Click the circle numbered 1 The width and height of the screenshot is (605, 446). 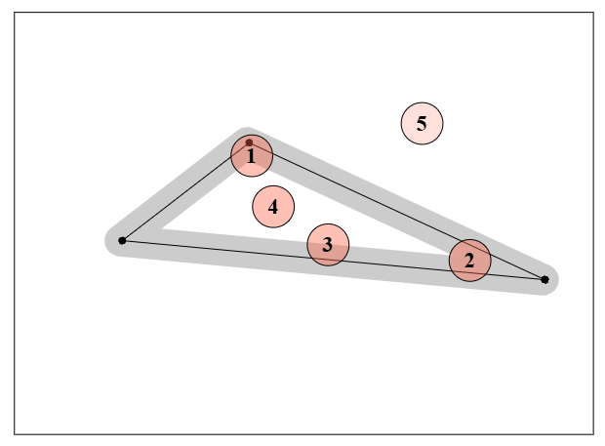[252, 155]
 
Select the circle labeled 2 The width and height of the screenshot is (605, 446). [470, 261]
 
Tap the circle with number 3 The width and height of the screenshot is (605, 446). [328, 245]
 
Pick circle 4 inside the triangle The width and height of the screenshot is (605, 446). [273, 207]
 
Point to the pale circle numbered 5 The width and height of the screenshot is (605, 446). [422, 124]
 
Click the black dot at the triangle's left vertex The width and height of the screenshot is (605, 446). [122, 241]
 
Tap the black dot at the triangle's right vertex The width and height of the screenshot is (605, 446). [544, 280]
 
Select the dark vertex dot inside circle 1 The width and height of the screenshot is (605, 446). [249, 142]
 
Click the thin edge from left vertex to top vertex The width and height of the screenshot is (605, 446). [185, 191]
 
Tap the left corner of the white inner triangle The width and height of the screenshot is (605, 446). [161, 229]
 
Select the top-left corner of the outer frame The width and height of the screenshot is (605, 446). [15, 13]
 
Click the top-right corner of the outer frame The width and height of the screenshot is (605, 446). [594, 13]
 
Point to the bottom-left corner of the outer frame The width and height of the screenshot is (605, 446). [15, 434]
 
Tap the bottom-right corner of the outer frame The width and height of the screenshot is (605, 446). [594, 434]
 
